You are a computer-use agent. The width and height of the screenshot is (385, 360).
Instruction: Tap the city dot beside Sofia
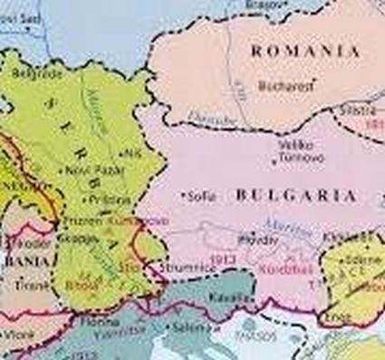185,194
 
